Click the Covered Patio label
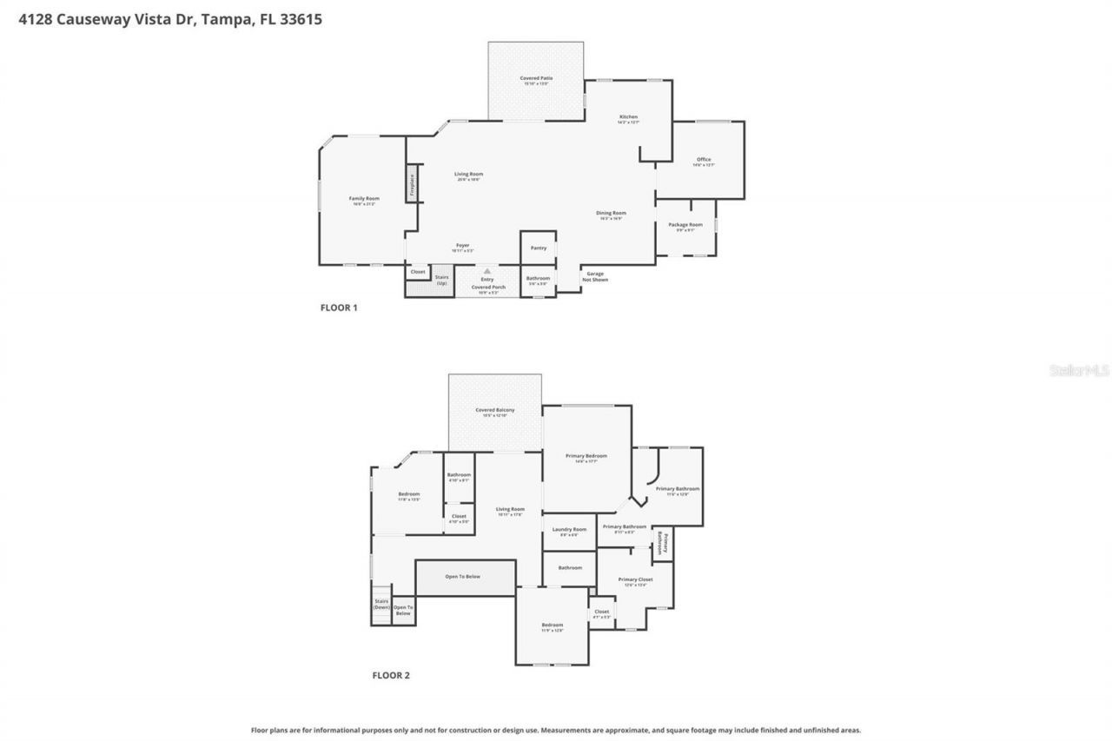[x=536, y=78]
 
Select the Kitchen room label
[x=628, y=117]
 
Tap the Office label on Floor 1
[x=704, y=160]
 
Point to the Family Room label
[x=364, y=199]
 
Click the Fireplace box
[x=413, y=187]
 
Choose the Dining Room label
[x=611, y=213]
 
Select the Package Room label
[x=685, y=225]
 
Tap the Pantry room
[x=539, y=248]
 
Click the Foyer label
[x=462, y=246]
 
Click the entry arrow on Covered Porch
[x=487, y=271]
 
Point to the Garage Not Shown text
[x=595, y=276]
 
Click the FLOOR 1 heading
[x=339, y=308]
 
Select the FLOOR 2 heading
[x=390, y=675]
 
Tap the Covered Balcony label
[x=494, y=411]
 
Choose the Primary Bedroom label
[x=586, y=456]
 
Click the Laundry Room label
[x=569, y=530]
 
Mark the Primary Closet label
[x=635, y=579]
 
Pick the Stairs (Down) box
[x=381, y=604]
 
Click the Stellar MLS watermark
[x=1079, y=370]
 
